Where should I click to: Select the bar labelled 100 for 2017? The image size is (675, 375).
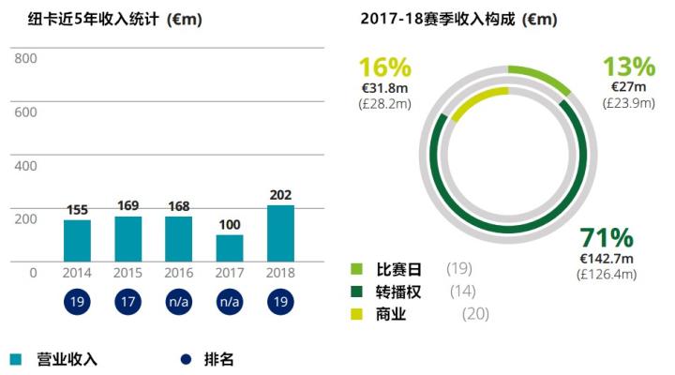(x=230, y=247)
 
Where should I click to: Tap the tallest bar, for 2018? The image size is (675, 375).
(x=280, y=233)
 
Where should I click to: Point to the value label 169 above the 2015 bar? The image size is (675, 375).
(x=128, y=205)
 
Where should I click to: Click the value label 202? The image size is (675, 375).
(x=280, y=194)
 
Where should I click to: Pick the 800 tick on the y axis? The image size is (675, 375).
(x=25, y=59)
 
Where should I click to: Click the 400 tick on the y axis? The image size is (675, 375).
(x=25, y=166)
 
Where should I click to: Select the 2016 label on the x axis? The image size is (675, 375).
(x=179, y=273)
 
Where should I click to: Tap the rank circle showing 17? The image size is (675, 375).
(x=128, y=304)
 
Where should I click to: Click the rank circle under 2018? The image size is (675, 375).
(x=280, y=304)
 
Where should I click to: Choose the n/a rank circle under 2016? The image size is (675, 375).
(x=179, y=304)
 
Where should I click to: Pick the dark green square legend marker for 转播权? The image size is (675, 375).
(x=356, y=292)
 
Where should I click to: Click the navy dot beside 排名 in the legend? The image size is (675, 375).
(x=184, y=359)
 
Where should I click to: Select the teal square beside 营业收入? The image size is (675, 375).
(x=16, y=359)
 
